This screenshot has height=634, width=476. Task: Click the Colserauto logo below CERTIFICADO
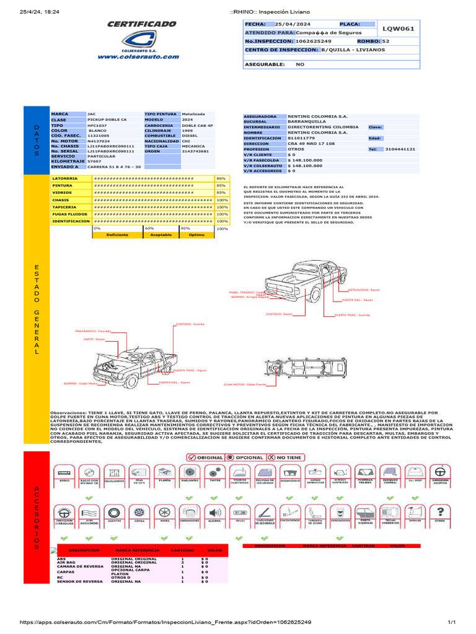pyautogui.click(x=141, y=40)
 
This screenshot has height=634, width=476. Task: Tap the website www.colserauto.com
pyautogui.click(x=141, y=56)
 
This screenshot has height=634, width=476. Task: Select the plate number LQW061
pyautogui.click(x=399, y=28)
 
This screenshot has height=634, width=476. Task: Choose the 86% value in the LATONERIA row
pyautogui.click(x=221, y=178)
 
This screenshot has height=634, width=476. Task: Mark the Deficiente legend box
pyautogui.click(x=117, y=235)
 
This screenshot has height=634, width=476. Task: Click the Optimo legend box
pyautogui.click(x=196, y=235)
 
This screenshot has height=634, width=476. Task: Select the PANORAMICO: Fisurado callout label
pyautogui.click(x=93, y=331)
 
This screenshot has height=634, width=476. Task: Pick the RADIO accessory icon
pyautogui.click(x=64, y=473)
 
